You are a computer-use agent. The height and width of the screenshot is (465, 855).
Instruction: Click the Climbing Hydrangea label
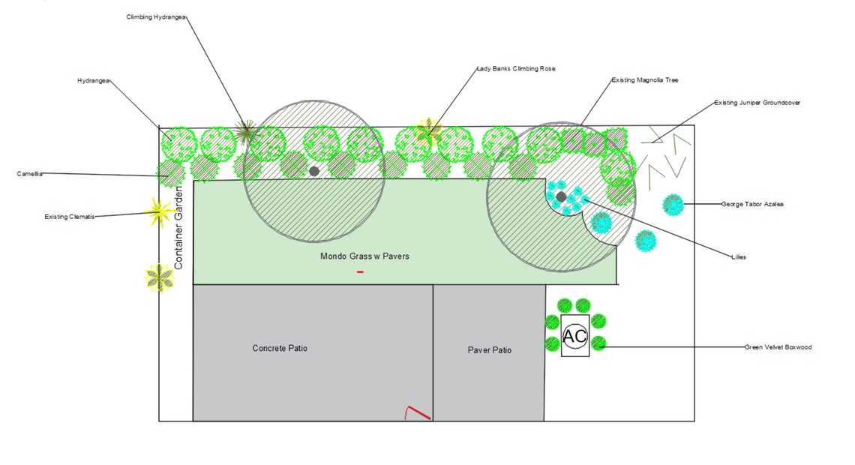point(156,16)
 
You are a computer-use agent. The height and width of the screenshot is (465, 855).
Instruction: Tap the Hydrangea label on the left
point(94,80)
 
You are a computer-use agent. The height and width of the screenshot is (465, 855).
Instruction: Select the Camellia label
point(30,174)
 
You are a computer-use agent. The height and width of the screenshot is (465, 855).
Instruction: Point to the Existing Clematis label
point(70,217)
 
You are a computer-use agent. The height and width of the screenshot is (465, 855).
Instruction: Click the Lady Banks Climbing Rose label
point(516,69)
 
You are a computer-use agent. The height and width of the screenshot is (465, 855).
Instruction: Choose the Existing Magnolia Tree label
point(645,79)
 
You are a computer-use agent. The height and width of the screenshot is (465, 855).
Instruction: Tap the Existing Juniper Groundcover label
point(757,103)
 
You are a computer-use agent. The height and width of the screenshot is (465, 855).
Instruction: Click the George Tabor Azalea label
point(752,204)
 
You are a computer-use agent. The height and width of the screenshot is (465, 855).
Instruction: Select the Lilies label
point(739,257)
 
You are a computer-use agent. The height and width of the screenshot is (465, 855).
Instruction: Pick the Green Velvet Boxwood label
point(778,347)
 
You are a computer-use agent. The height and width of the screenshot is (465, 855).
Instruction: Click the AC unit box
point(575,336)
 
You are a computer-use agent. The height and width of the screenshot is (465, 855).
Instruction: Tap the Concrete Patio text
point(280,349)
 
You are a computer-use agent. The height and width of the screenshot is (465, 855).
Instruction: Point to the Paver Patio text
point(490,350)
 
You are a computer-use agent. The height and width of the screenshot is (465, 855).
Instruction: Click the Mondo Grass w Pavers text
point(364,256)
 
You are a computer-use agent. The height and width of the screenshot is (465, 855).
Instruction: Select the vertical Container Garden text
point(178,229)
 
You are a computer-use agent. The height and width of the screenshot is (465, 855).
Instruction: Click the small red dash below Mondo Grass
point(360,271)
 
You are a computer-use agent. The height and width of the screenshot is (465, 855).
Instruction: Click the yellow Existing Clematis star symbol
point(158,212)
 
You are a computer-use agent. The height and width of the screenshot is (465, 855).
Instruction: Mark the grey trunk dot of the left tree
point(313,171)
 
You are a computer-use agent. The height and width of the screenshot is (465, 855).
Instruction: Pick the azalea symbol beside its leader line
point(673,204)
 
